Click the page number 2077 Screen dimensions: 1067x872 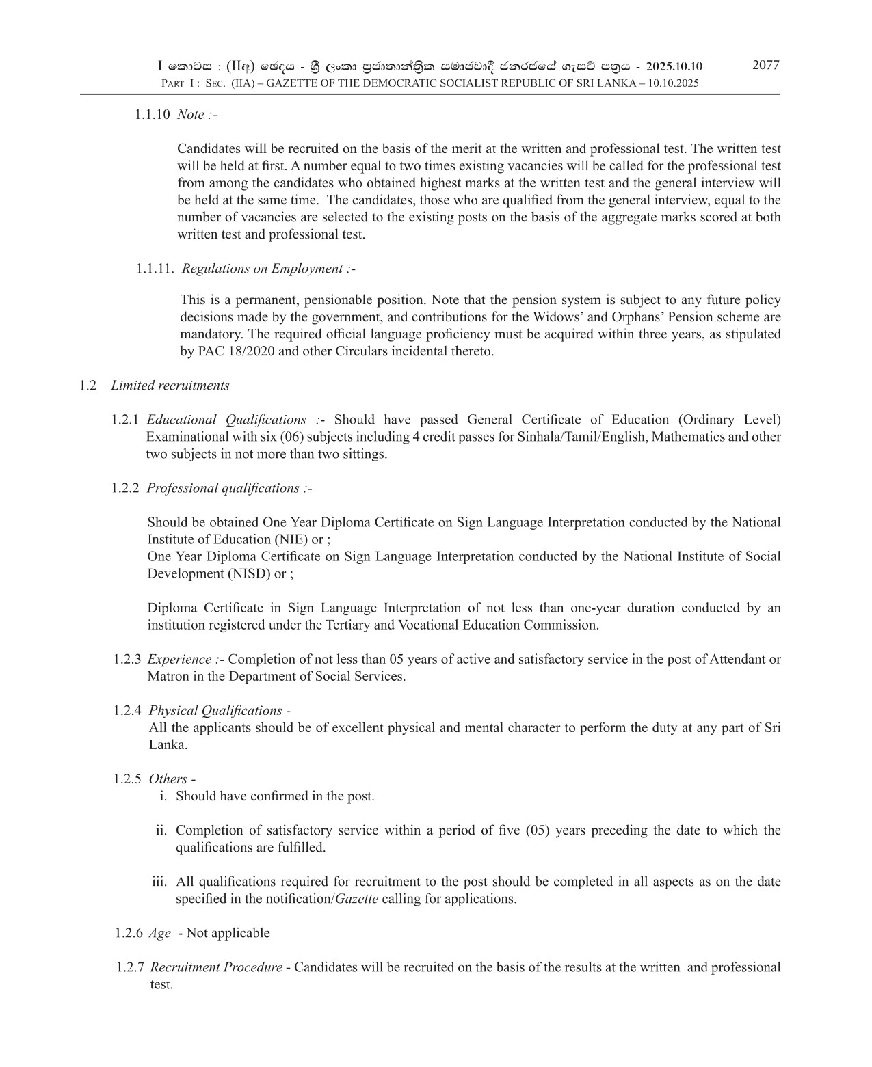(765, 66)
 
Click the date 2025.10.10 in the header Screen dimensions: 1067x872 (674, 66)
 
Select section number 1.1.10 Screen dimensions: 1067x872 (152, 115)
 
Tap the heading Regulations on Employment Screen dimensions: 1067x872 (268, 269)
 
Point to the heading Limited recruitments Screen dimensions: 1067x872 (170, 386)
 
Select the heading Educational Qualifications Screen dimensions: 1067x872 (226, 420)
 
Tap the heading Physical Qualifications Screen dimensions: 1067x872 (215, 711)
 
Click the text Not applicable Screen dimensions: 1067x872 (228, 933)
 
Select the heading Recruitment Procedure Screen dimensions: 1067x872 (216, 967)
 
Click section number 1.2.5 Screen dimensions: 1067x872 (128, 779)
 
